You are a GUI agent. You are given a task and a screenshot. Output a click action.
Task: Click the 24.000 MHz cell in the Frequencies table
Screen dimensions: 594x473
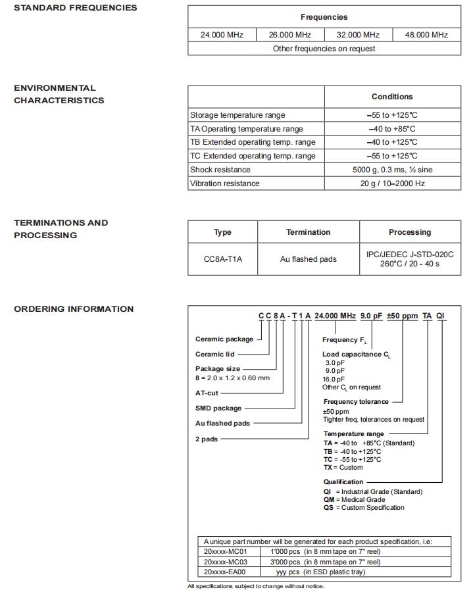click(x=222, y=34)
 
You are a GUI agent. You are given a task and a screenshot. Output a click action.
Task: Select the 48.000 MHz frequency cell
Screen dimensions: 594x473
click(x=426, y=34)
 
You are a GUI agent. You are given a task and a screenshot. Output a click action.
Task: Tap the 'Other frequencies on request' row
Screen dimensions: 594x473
click(x=324, y=49)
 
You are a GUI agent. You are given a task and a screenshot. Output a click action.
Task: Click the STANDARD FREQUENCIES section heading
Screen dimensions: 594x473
click(x=76, y=8)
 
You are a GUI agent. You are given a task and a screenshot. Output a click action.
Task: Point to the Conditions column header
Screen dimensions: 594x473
click(x=392, y=97)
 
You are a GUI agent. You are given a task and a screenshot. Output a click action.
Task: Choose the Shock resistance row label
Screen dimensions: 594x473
click(x=220, y=170)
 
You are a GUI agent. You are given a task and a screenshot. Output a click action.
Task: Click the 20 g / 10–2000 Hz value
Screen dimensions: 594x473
click(x=392, y=184)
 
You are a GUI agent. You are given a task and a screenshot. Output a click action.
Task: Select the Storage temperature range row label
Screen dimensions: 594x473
click(x=237, y=115)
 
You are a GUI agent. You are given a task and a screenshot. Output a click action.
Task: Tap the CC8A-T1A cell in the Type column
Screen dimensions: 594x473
click(x=223, y=259)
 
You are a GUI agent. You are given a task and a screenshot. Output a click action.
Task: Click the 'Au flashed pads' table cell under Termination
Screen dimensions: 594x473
click(x=308, y=259)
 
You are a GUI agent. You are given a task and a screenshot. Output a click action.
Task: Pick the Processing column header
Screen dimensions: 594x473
click(x=410, y=232)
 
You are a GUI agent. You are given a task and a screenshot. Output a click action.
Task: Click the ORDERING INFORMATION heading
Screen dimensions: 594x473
click(x=74, y=309)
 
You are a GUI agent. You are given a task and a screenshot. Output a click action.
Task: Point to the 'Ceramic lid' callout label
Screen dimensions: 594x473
click(x=214, y=355)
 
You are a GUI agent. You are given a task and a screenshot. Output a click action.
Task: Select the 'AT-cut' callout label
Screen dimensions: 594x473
click(x=207, y=393)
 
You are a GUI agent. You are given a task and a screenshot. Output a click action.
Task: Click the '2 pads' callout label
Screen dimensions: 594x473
click(x=206, y=439)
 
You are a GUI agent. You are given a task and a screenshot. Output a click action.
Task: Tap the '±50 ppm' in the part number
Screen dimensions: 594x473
click(x=402, y=316)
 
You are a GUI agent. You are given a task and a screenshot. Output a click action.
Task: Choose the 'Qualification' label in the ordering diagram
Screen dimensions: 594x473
click(x=343, y=482)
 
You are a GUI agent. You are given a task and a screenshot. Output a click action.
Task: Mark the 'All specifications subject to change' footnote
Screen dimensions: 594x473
click(x=255, y=586)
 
